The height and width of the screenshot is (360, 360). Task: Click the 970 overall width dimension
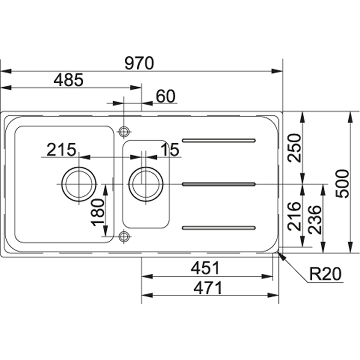tap(139, 63)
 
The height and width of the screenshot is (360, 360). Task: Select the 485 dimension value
tap(68, 80)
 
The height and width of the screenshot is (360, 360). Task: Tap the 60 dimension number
tap(166, 96)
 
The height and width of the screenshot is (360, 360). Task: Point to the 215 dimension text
tap(61, 150)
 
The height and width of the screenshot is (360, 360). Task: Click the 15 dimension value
tap(170, 150)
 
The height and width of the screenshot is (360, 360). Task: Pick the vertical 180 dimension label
tap(98, 212)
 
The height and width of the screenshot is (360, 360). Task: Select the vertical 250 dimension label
tap(294, 148)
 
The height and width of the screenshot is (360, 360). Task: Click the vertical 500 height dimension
tap(342, 184)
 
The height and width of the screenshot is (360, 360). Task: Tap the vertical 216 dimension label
tap(294, 216)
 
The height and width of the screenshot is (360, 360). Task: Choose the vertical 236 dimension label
tap(314, 220)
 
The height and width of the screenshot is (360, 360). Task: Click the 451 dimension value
tap(205, 268)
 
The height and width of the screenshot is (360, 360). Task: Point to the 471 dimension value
tap(208, 288)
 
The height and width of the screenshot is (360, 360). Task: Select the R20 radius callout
tap(326, 274)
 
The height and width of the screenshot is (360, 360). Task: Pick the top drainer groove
tap(219, 140)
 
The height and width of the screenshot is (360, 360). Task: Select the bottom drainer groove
tap(219, 228)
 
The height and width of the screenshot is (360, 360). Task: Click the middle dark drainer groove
tap(219, 184)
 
